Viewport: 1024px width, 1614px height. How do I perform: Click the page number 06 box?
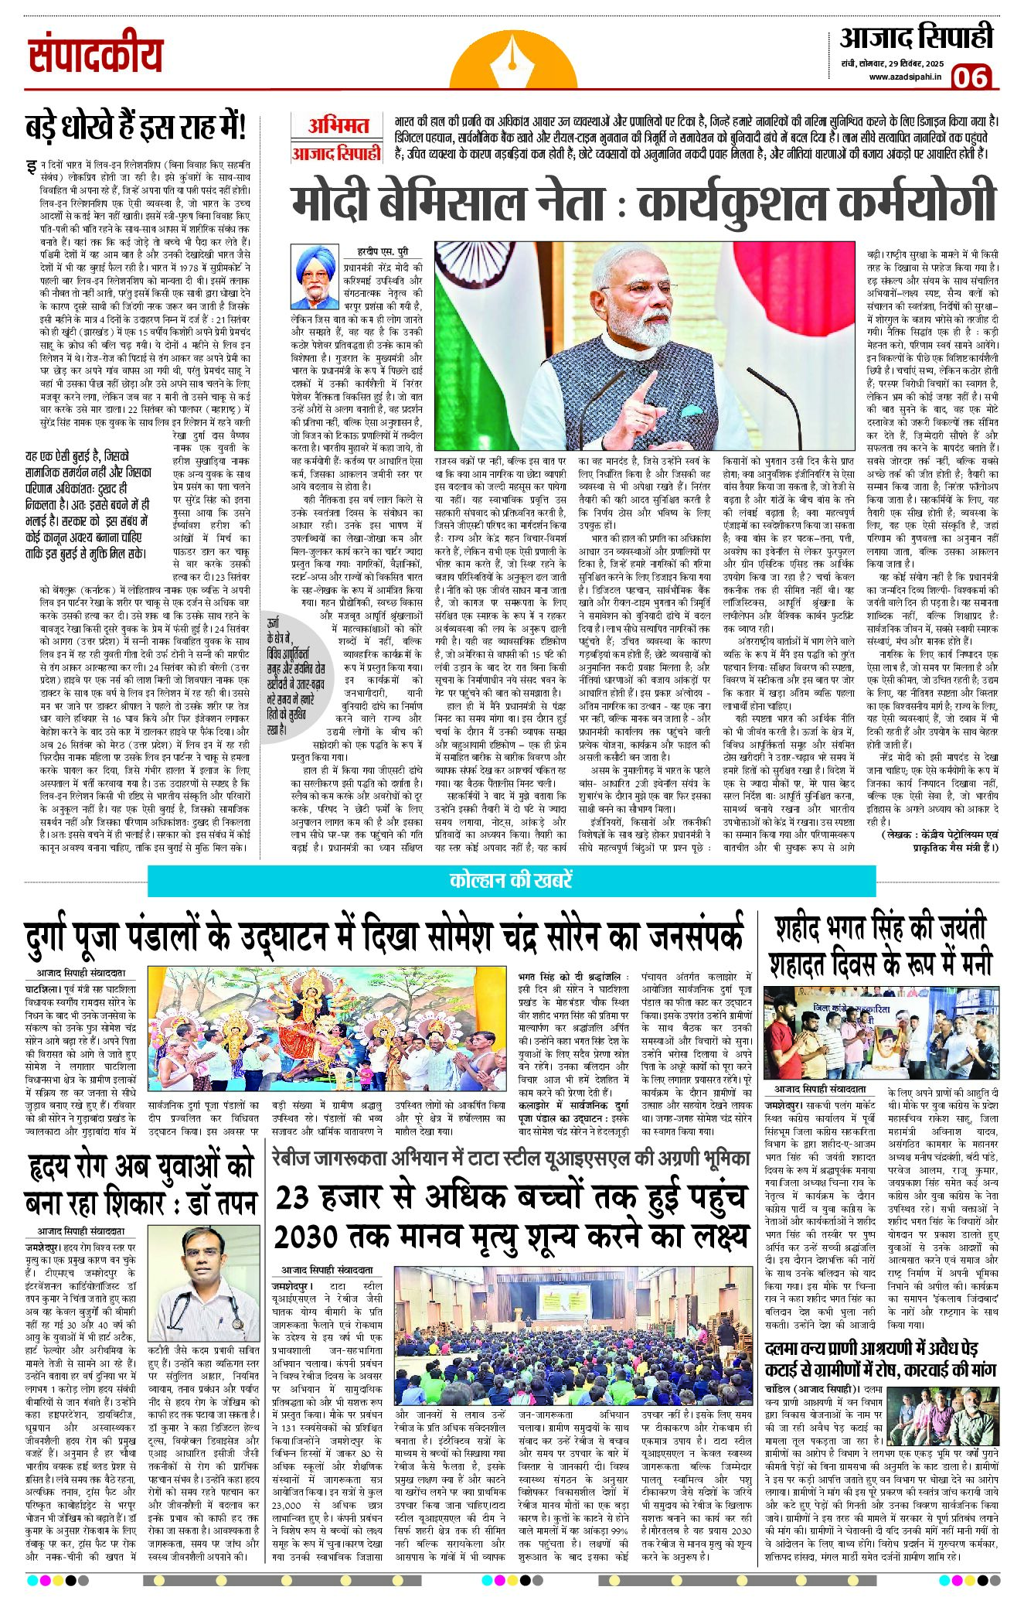coord(970,77)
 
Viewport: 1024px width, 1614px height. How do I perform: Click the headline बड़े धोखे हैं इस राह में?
coord(135,127)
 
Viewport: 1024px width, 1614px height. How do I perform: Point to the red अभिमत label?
coord(338,125)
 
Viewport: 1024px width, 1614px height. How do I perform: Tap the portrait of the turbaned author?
coord(315,278)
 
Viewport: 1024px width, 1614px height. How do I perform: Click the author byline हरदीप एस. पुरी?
coord(383,251)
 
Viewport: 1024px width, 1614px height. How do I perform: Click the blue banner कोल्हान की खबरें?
coord(511,880)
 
